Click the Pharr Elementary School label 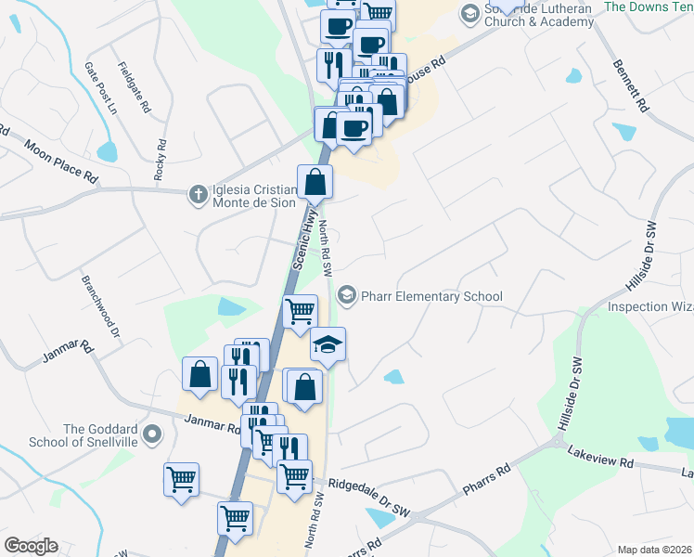(x=432, y=297)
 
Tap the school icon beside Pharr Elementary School (x=347, y=295)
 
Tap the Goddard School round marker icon (x=154, y=434)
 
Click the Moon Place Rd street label (x=61, y=161)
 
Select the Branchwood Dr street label (x=101, y=306)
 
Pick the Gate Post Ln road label (x=100, y=88)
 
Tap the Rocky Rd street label (x=161, y=159)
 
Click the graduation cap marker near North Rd (x=328, y=345)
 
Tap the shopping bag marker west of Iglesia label (x=315, y=183)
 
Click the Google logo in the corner (x=31, y=546)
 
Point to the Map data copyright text (x=654, y=550)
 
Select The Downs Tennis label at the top (x=648, y=6)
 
